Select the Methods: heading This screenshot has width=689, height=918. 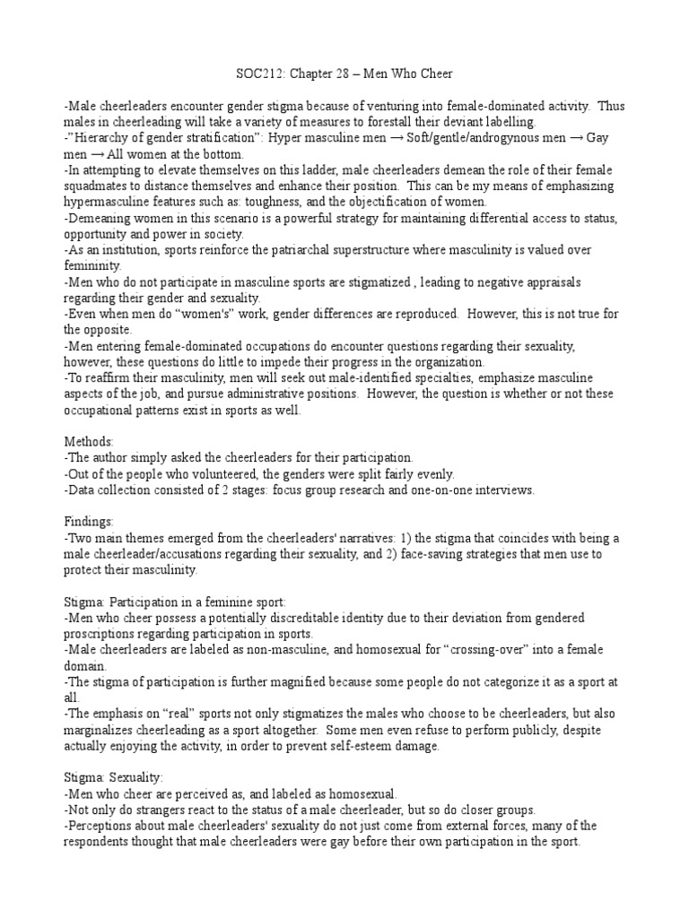(x=89, y=442)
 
